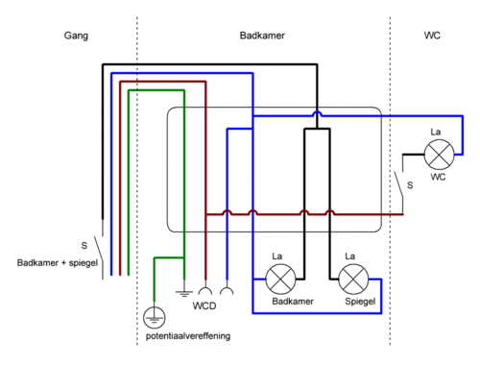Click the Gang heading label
(x=76, y=36)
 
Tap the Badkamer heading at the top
(x=262, y=36)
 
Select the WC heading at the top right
(x=432, y=36)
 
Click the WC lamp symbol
(x=439, y=155)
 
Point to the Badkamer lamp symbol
(x=280, y=280)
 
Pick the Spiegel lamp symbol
(x=353, y=280)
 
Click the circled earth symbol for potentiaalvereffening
(x=155, y=317)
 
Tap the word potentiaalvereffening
(x=188, y=336)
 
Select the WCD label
(x=204, y=305)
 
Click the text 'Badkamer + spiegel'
(x=58, y=263)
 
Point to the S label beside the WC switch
(x=410, y=185)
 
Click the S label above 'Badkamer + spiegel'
(x=84, y=246)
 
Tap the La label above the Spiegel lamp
(x=350, y=256)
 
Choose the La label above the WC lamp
(x=436, y=132)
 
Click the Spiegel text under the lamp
(x=360, y=302)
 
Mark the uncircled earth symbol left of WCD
(x=184, y=292)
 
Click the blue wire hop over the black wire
(x=317, y=112)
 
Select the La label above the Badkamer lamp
(x=277, y=256)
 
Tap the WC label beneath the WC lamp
(x=438, y=177)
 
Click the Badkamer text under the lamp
(x=293, y=302)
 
